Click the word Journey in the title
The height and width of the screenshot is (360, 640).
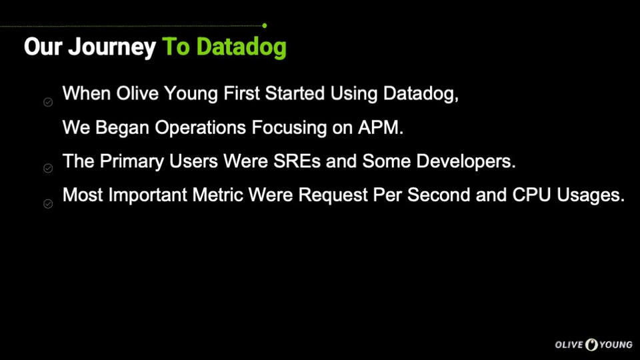point(112,47)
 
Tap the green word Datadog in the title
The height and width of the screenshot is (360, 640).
point(241,47)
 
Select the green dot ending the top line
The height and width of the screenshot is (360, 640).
point(265,26)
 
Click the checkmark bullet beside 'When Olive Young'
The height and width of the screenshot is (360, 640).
point(48,102)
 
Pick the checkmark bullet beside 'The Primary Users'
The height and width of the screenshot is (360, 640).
point(48,168)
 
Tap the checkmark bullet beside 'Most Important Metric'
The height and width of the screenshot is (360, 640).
point(48,204)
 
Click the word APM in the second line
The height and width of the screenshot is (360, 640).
point(381,127)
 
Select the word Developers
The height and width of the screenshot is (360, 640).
point(466,162)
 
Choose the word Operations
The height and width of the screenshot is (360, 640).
point(201,128)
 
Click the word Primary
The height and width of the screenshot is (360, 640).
point(132,162)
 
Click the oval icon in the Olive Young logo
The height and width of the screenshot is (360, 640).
point(591,345)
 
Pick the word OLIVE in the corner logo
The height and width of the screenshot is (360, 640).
point(569,345)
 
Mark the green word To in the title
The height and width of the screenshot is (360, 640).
point(176,47)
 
